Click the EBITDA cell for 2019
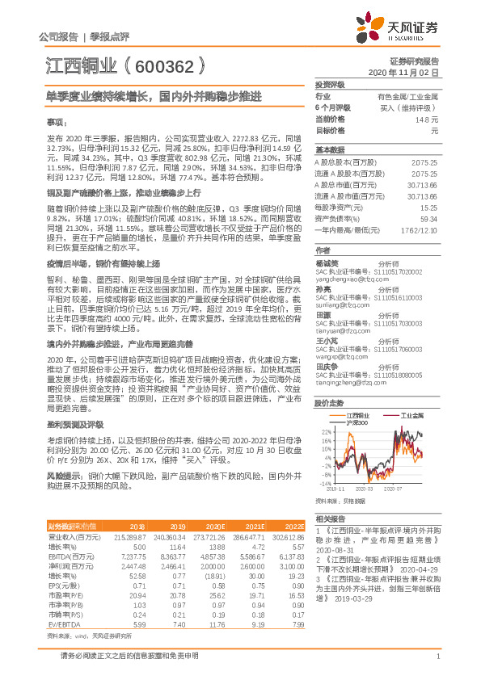pyautogui.click(x=196, y=558)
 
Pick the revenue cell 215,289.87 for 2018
pyautogui.click(x=131, y=536)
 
